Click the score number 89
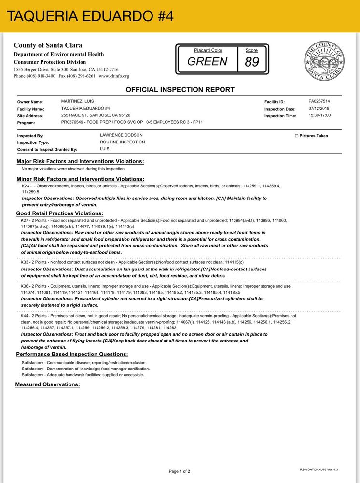coord(252,62)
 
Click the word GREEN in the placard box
coord(207,62)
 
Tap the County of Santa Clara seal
coord(324,60)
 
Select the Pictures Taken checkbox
coord(296,136)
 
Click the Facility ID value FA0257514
coord(319,102)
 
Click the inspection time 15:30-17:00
coord(319,116)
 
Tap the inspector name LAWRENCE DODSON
coord(121,135)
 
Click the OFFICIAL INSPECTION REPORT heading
coord(180,90)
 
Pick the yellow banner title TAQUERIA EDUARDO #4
coord(91,16)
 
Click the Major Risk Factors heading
coord(80,161)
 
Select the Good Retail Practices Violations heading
coord(60,213)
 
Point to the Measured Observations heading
coord(47,384)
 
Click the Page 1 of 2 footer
coord(180,471)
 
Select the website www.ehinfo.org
coord(114,76)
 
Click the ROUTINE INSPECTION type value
coord(122,142)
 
